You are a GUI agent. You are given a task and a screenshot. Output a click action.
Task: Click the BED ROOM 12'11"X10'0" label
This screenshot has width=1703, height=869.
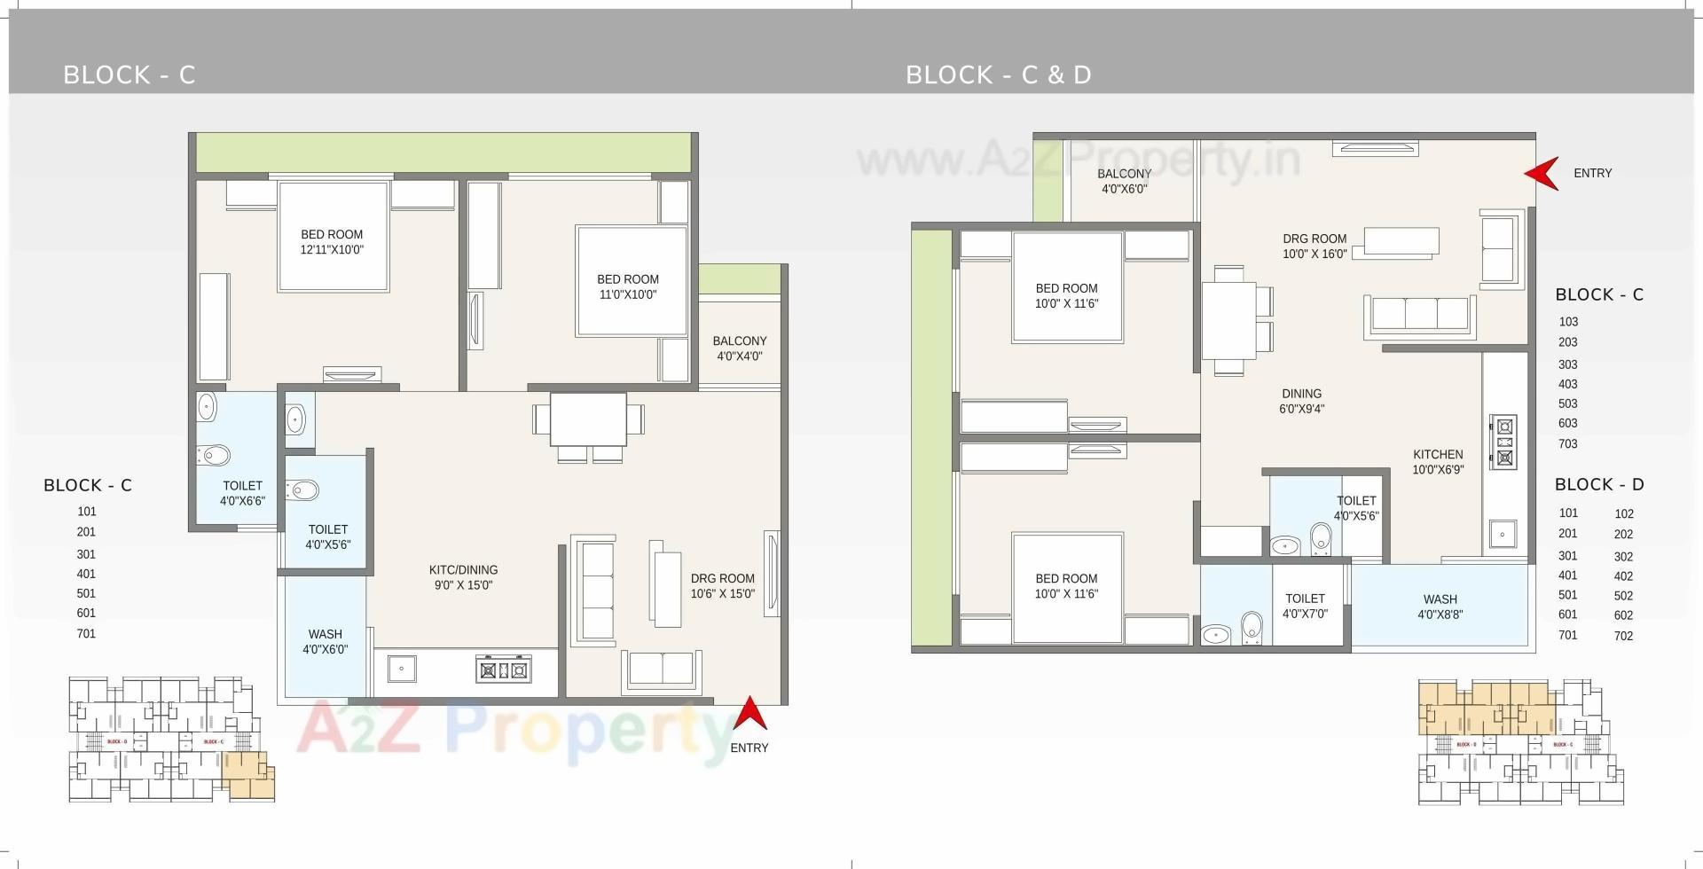click(332, 242)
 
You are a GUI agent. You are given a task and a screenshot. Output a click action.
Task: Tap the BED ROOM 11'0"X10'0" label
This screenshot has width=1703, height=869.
click(628, 286)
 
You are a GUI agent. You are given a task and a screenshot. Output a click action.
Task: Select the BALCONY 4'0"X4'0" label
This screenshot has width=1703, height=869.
click(739, 348)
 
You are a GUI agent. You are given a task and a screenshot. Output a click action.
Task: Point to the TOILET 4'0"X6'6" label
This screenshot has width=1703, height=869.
click(242, 493)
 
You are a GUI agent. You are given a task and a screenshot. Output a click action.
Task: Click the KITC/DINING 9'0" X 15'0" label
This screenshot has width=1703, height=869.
click(463, 577)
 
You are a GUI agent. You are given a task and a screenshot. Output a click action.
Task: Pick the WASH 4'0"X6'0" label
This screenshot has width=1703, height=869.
click(325, 641)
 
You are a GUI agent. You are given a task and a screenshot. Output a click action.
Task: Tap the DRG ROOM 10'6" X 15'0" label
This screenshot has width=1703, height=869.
click(722, 585)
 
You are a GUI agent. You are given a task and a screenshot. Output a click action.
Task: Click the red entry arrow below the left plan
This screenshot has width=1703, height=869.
click(749, 714)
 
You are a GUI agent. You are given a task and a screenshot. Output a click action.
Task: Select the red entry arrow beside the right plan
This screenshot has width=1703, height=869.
click(1542, 173)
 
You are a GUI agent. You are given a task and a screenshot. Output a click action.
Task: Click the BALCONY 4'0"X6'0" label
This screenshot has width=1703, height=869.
click(1124, 181)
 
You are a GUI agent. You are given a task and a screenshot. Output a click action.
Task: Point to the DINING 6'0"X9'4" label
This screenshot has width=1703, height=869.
click(1301, 401)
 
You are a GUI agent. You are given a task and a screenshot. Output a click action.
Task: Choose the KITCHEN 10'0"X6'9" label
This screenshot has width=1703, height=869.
click(1438, 462)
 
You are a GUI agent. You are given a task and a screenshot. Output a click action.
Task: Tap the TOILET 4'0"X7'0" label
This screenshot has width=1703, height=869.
click(1305, 606)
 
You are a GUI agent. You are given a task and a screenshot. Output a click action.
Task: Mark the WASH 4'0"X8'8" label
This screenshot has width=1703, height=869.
click(1440, 607)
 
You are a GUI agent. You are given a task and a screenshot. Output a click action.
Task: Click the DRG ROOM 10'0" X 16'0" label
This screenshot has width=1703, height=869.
click(1315, 246)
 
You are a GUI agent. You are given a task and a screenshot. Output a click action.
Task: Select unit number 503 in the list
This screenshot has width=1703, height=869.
click(1567, 403)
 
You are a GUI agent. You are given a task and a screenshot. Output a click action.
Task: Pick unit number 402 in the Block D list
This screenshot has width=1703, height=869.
click(1623, 576)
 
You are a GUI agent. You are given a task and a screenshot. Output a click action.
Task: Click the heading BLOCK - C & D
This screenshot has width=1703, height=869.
click(998, 74)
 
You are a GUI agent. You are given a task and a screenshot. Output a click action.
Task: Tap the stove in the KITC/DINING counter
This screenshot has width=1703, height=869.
click(503, 670)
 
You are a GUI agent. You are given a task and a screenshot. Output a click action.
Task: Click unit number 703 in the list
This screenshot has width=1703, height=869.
click(1567, 443)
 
